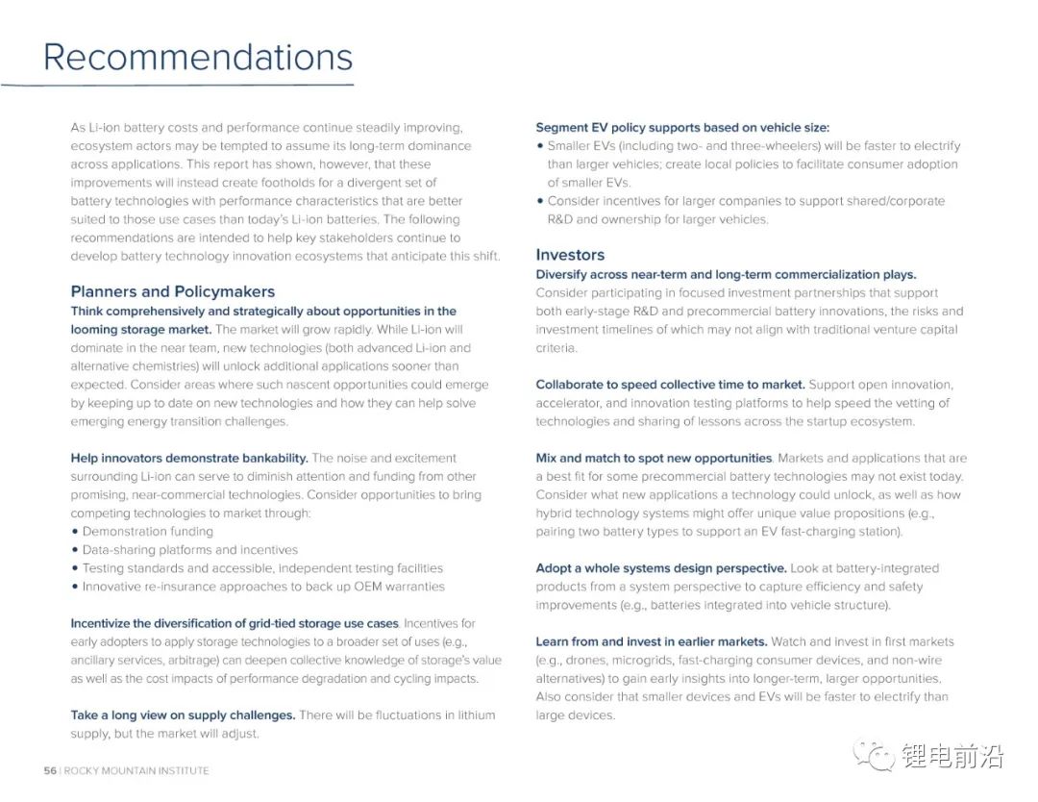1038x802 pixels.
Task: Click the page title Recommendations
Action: point(198,57)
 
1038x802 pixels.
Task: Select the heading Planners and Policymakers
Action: point(173,291)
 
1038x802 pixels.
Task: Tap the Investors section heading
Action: point(570,255)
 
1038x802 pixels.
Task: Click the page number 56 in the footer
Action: point(50,770)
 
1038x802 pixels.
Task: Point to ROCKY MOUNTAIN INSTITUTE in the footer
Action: point(136,770)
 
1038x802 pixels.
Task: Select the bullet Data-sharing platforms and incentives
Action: point(190,550)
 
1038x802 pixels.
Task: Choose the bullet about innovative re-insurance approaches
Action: point(263,587)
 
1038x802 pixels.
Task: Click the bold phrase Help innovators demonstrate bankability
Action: point(189,459)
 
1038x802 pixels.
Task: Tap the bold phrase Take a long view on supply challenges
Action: point(183,715)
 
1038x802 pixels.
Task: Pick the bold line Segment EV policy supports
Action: point(682,128)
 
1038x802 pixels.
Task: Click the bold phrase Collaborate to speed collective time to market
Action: point(670,385)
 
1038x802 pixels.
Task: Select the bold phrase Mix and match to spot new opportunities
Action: point(654,459)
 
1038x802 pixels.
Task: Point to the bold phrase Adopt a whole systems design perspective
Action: point(661,568)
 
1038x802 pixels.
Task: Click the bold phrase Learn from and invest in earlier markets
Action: point(652,641)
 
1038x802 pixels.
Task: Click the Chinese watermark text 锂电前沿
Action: point(952,756)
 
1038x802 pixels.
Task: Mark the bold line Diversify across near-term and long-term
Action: point(726,275)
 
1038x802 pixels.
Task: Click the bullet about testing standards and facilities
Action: point(262,568)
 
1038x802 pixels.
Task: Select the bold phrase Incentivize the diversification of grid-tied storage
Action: point(234,624)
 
